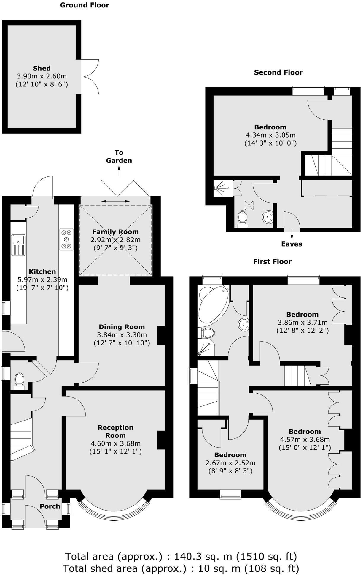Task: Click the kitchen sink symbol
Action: pos(18,245)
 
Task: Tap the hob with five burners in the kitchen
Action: pos(66,239)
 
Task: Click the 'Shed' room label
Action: pos(42,68)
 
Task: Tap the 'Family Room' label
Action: pos(115,232)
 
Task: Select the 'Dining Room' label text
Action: pos(122,327)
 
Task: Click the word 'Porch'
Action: pos(50,506)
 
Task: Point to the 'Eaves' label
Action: pos(292,244)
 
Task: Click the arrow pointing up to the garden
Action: pos(119,171)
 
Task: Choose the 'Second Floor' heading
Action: pos(278,72)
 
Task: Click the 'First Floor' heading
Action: pos(272,262)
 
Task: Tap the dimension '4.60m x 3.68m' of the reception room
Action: pos(115,443)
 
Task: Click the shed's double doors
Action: pos(90,77)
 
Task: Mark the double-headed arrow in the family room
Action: pos(115,201)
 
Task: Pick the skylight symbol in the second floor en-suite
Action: pos(249,205)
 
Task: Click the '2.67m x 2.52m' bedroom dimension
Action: pos(230,463)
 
